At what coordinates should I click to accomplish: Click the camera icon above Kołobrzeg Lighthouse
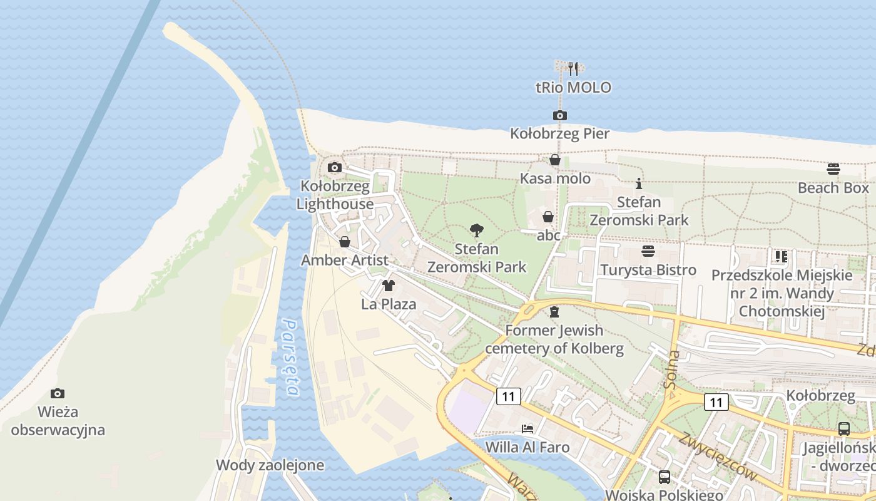point(335,167)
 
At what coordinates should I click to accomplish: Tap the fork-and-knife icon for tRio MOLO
point(573,68)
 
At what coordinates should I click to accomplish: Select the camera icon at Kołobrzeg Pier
point(559,115)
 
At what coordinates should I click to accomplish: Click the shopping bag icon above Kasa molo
point(554,160)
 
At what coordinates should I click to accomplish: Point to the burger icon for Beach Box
point(833,168)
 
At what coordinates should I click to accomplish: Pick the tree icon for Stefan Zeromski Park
point(476,230)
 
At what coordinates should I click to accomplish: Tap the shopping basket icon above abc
point(547,217)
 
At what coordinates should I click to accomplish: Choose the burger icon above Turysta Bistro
point(648,251)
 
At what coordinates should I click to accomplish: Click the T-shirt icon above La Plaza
point(389,286)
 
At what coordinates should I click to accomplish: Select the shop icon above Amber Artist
point(344,242)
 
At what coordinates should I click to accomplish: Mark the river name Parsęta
point(290,357)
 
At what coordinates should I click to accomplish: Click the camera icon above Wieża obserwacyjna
point(58,393)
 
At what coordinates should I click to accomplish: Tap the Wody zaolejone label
point(270,465)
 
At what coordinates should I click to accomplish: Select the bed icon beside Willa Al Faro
point(527,429)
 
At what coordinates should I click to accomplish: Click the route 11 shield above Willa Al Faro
point(509,396)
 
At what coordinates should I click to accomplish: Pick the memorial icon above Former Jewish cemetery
point(554,311)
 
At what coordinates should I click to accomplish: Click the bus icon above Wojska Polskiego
point(664,477)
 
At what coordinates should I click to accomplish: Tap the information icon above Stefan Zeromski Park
point(639,183)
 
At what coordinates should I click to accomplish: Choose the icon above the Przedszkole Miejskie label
point(781,256)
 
